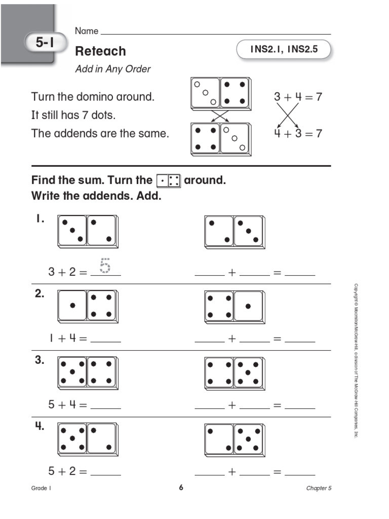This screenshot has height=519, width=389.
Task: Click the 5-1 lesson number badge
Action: (x=45, y=44)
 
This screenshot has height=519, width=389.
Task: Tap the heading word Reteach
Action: (x=100, y=51)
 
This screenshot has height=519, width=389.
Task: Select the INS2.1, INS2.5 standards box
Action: (x=284, y=50)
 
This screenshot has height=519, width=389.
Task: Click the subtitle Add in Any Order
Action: (x=112, y=69)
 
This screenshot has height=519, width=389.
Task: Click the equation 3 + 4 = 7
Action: (x=298, y=97)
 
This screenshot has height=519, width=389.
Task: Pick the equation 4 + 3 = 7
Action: (x=298, y=134)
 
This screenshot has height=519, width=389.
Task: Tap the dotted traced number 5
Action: (x=105, y=266)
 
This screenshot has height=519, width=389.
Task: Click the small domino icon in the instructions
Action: (x=168, y=181)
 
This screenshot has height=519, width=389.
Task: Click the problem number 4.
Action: (x=40, y=426)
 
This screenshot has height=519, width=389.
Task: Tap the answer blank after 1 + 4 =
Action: (x=105, y=339)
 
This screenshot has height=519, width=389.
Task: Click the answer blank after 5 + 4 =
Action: (x=105, y=405)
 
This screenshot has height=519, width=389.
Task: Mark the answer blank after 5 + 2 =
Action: (x=105, y=472)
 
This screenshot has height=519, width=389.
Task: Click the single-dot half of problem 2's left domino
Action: (x=72, y=306)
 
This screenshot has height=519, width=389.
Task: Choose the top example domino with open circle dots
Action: (x=220, y=93)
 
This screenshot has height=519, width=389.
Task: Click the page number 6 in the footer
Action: (x=180, y=488)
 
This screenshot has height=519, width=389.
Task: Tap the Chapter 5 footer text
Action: (x=319, y=489)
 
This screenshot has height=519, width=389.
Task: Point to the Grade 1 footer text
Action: (x=42, y=489)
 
